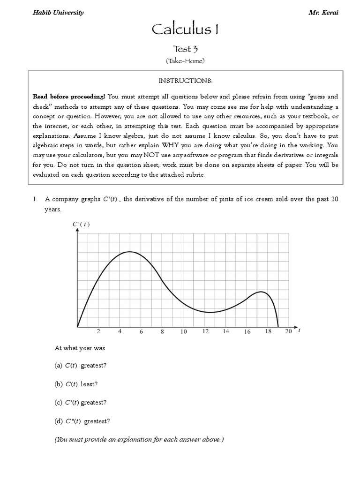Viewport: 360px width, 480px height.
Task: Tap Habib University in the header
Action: pyautogui.click(x=58, y=13)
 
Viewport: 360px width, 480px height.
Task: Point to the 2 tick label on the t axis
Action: pyautogui.click(x=98, y=332)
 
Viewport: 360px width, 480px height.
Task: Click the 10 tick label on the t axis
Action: pyautogui.click(x=184, y=332)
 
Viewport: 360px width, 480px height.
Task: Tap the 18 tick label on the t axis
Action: pyautogui.click(x=268, y=332)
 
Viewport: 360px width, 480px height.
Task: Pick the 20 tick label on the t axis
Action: pyautogui.click(x=289, y=332)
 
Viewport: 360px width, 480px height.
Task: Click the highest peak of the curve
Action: pyautogui.click(x=130, y=252)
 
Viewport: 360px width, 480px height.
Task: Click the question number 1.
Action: pyautogui.click(x=35, y=199)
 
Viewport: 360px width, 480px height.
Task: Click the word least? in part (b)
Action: pyautogui.click(x=89, y=384)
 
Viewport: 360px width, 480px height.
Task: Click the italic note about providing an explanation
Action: pyautogui.click(x=139, y=440)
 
